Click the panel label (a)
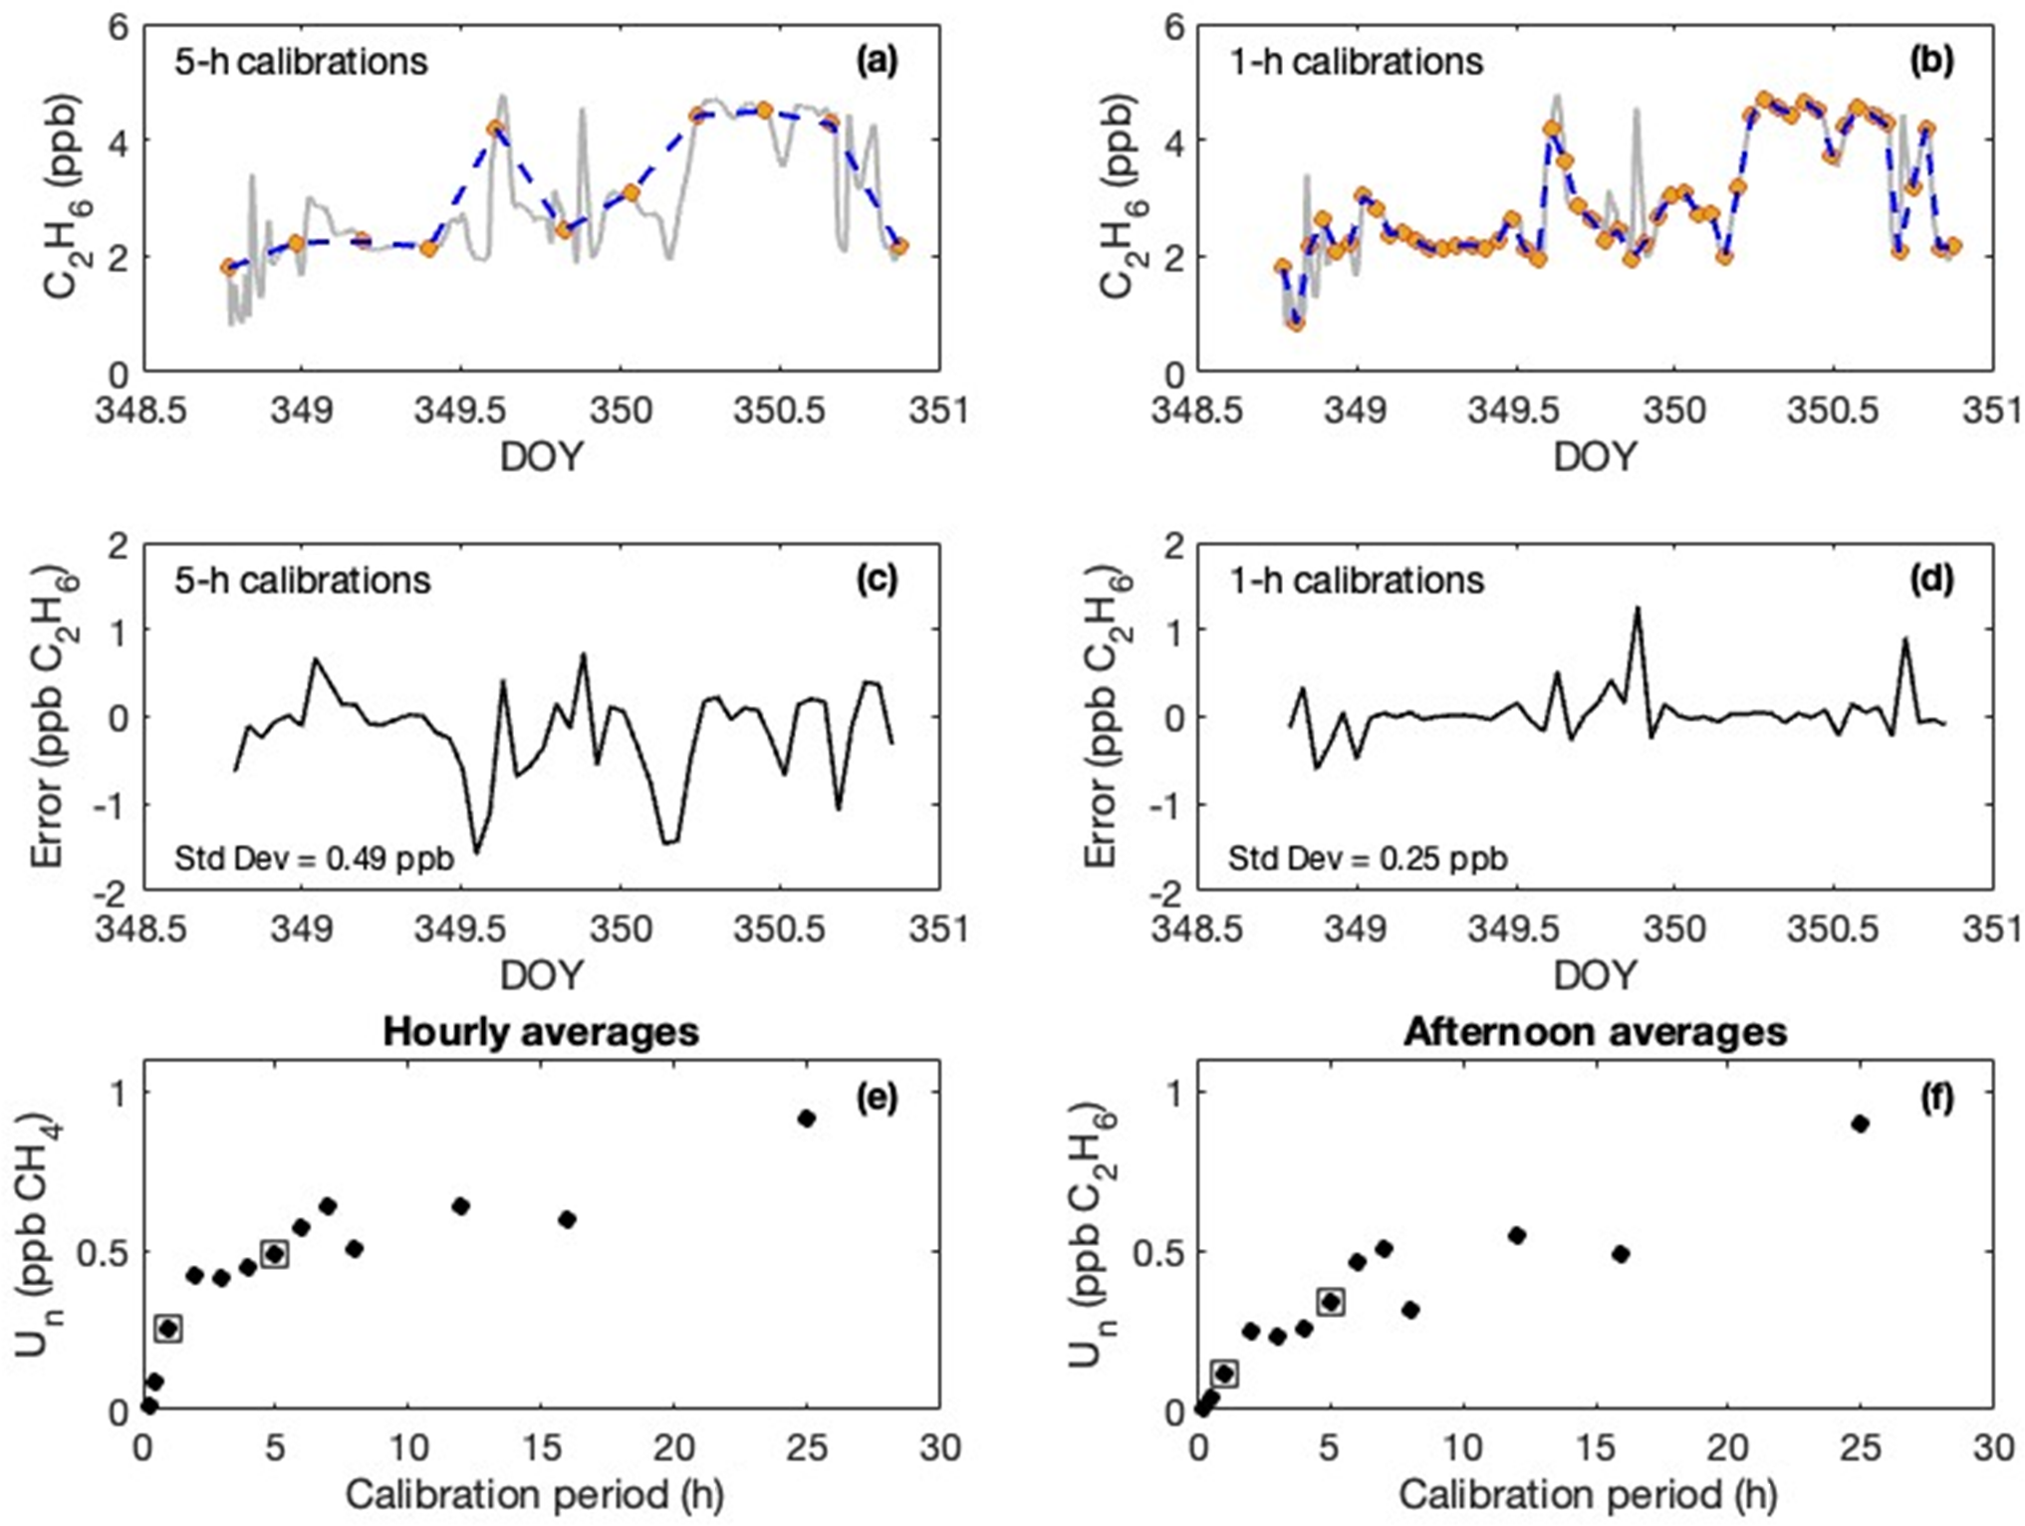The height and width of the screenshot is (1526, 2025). point(877,62)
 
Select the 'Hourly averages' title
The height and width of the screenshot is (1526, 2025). point(541,1032)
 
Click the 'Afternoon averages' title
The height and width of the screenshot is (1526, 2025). point(1595,1032)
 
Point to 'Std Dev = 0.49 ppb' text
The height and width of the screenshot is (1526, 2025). point(315,858)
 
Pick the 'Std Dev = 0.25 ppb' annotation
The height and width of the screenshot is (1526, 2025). point(1368,858)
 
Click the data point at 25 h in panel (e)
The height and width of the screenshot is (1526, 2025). point(807,1119)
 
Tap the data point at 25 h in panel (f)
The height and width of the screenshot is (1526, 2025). point(1860,1124)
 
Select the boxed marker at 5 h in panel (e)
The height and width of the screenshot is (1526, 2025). point(275,1254)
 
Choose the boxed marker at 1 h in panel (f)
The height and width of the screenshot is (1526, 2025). point(1224,1374)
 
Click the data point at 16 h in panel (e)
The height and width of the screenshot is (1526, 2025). point(568,1219)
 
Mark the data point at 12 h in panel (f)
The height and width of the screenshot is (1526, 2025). point(1517,1235)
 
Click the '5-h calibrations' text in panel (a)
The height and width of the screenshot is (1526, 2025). point(302,62)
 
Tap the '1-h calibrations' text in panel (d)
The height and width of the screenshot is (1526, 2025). point(1357,580)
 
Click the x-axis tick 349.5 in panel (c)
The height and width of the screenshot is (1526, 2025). point(461,929)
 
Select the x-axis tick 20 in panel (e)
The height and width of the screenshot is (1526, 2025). point(673,1447)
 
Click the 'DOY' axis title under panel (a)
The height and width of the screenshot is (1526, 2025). point(541,457)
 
